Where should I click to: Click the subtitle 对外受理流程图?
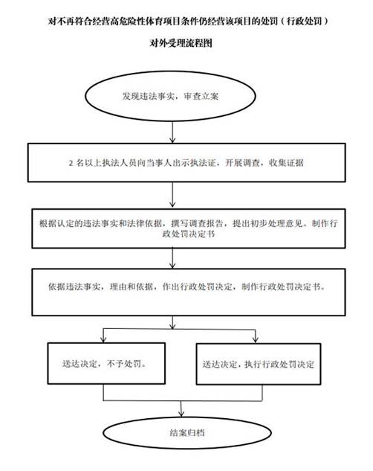[x=181, y=43]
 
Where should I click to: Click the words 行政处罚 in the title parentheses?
[x=304, y=21]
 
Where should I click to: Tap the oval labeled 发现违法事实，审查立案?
[x=170, y=96]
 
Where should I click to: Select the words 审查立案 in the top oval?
[x=201, y=97]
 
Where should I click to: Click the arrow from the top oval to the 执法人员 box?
[x=172, y=132]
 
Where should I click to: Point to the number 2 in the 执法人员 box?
[x=71, y=163]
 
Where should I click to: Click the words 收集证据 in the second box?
[x=286, y=163]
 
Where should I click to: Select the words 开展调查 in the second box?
[x=242, y=163]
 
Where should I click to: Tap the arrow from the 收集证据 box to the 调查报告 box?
[x=172, y=195]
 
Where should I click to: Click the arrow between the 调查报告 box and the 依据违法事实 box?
[x=172, y=258]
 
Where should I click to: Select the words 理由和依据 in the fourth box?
[x=132, y=287]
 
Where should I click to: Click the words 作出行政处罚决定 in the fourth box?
[x=197, y=287]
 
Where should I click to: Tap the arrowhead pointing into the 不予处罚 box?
[x=103, y=339]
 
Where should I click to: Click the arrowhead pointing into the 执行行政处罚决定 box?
[x=256, y=339]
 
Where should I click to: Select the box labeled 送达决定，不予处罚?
[x=106, y=363]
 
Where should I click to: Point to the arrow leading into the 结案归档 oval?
[x=181, y=408]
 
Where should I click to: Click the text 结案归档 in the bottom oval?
[x=187, y=433]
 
